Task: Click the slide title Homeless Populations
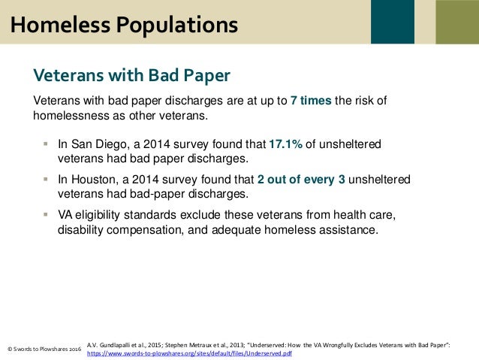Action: click(x=123, y=24)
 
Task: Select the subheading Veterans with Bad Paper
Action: click(x=131, y=75)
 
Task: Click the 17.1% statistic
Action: click(x=285, y=144)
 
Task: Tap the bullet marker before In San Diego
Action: click(x=46, y=144)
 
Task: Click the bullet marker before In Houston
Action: click(x=46, y=179)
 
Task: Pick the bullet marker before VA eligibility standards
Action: click(x=46, y=215)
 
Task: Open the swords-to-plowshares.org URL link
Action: click(x=189, y=352)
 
